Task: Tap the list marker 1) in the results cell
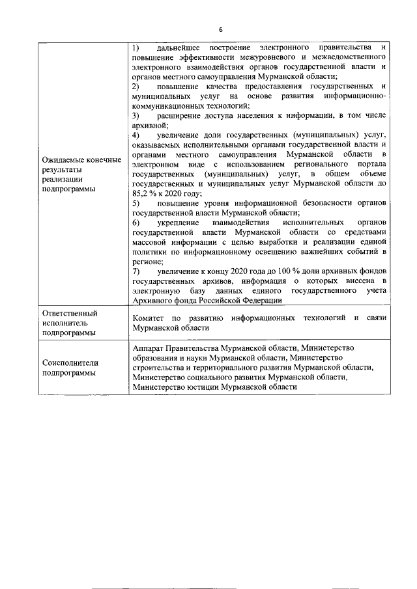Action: click(136, 48)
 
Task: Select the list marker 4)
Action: click(136, 135)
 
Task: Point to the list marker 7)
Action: click(136, 270)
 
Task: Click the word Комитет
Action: click(148, 318)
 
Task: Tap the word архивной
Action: click(149, 125)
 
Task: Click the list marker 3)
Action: click(136, 115)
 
